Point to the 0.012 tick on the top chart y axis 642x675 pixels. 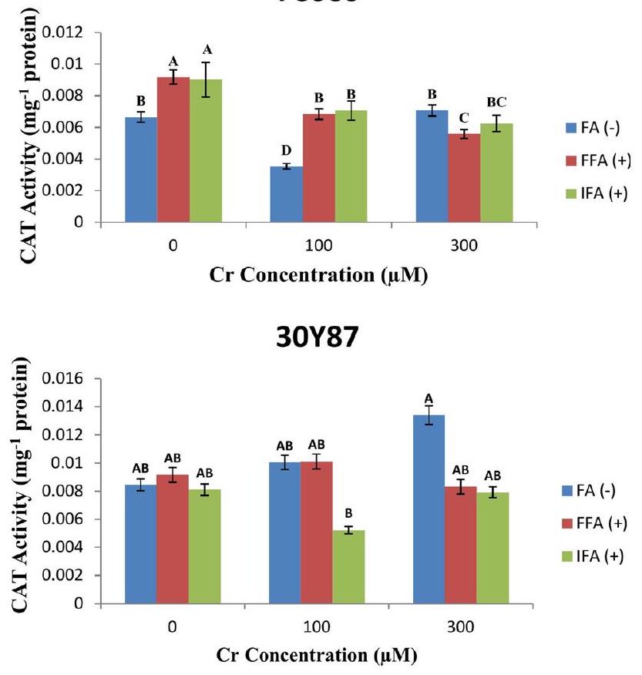pos(72,32)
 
